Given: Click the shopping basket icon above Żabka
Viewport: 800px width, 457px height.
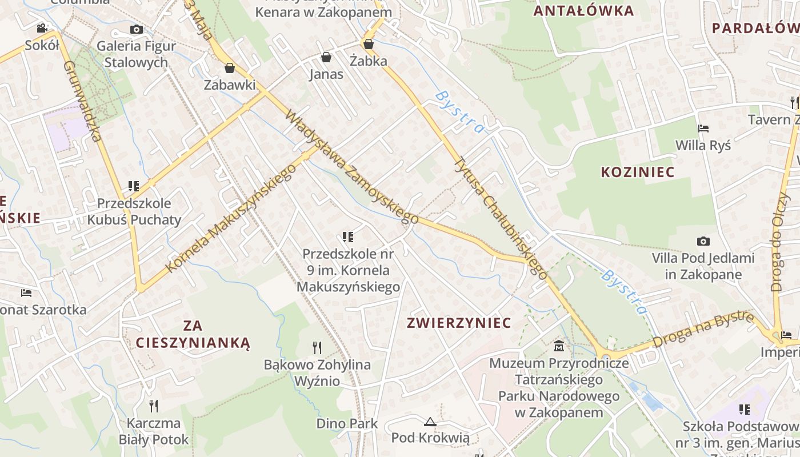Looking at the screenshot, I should click(x=369, y=43).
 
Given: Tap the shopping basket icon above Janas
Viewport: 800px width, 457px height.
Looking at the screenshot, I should click(x=326, y=57).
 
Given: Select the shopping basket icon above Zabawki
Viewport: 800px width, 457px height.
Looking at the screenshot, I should click(x=230, y=68).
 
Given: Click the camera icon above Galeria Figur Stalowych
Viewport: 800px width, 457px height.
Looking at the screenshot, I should click(x=136, y=29).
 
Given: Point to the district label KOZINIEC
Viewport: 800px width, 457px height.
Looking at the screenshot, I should click(x=637, y=172).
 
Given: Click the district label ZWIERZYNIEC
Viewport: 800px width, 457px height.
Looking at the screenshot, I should click(x=459, y=323).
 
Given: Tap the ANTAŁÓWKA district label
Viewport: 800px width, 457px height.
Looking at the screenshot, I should click(x=583, y=11).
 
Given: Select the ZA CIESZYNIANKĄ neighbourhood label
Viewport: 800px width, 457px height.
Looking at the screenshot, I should click(x=193, y=334).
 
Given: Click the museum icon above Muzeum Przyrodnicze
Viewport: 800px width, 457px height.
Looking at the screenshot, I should click(x=559, y=346).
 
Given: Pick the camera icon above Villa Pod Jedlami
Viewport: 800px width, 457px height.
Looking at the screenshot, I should click(x=703, y=241).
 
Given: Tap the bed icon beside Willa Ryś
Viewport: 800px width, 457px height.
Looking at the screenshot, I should click(x=703, y=129).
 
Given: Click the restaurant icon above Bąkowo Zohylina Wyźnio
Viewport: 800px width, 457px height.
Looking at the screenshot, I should click(x=317, y=347).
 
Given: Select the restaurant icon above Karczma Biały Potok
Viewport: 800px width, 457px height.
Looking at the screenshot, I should click(x=154, y=406).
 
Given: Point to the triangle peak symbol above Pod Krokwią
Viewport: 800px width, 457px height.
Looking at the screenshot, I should click(x=430, y=422).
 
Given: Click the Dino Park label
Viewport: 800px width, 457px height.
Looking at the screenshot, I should click(x=347, y=423).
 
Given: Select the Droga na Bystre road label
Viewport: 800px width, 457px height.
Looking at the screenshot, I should click(x=703, y=330).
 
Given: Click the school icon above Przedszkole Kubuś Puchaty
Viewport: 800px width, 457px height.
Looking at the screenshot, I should click(x=134, y=186).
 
